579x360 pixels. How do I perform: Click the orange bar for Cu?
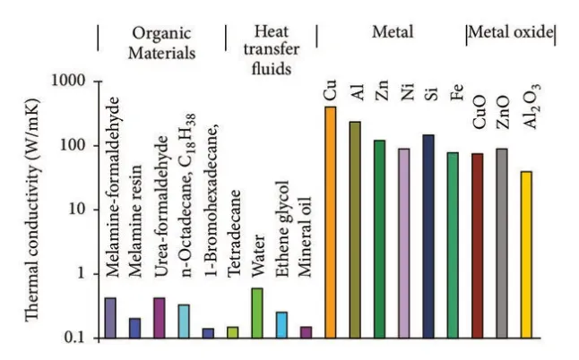click(330, 223)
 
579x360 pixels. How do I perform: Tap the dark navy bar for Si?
click(428, 236)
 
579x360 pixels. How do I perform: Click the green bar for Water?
click(256, 313)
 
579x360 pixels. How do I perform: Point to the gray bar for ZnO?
click(502, 244)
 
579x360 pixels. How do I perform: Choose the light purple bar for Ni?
click(403, 244)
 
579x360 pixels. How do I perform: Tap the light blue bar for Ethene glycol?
click(281, 325)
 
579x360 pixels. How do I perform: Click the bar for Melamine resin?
click(134, 329)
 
